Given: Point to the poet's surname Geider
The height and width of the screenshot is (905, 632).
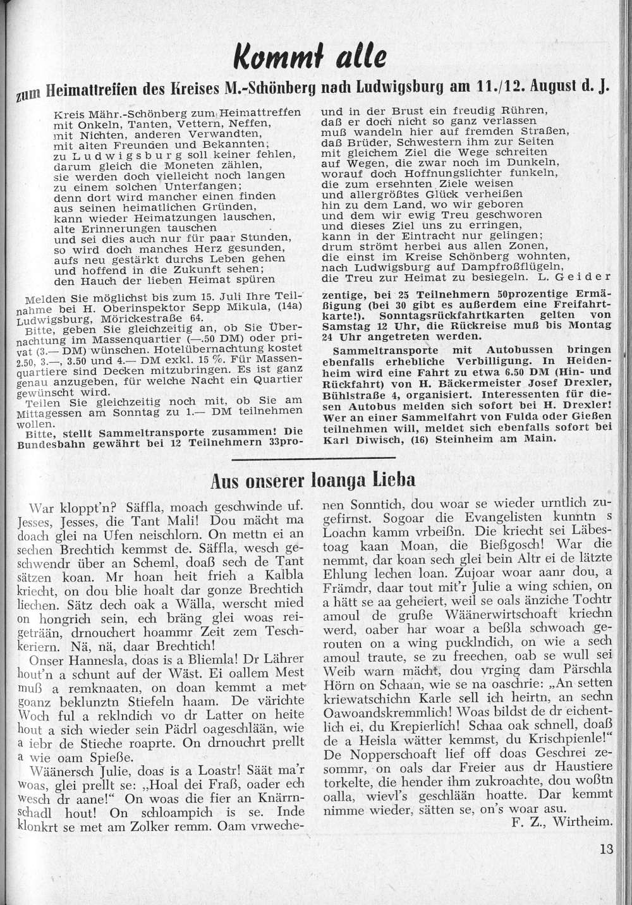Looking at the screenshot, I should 588,277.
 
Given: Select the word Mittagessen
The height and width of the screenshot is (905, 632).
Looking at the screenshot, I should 56,410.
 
